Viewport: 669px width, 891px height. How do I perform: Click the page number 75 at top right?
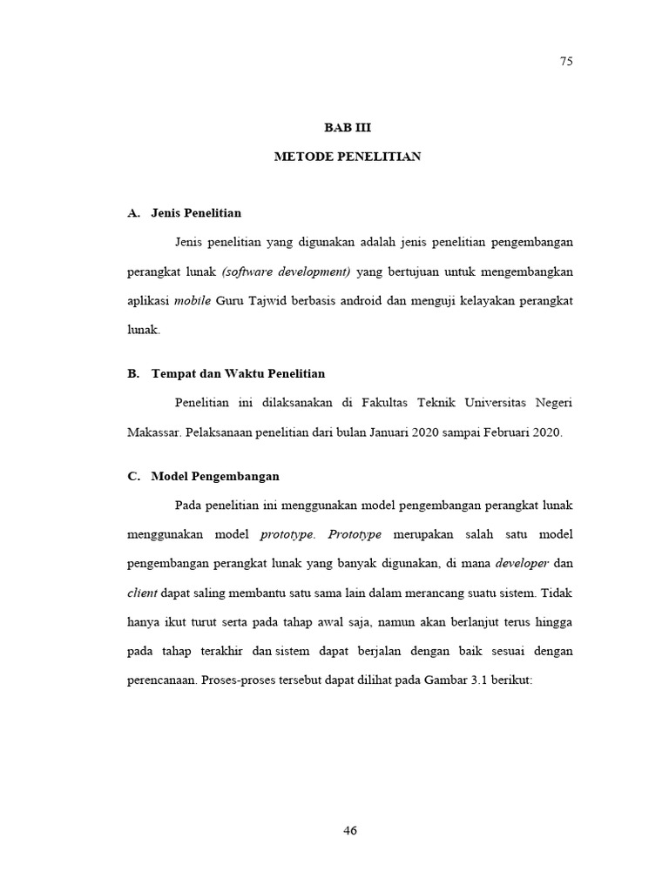pos(566,61)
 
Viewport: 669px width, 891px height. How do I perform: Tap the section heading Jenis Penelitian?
pos(196,212)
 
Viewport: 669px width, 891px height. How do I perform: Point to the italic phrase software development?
pos(286,271)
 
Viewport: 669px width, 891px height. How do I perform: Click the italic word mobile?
pos(193,301)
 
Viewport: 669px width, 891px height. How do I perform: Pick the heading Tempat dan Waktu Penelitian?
pos(238,374)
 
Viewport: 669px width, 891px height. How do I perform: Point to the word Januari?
pos(427,432)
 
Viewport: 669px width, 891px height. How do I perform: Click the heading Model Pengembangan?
pos(215,477)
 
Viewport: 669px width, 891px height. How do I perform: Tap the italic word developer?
pos(522,564)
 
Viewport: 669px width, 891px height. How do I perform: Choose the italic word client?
pos(142,593)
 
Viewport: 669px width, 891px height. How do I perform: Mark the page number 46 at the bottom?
pos(350,830)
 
